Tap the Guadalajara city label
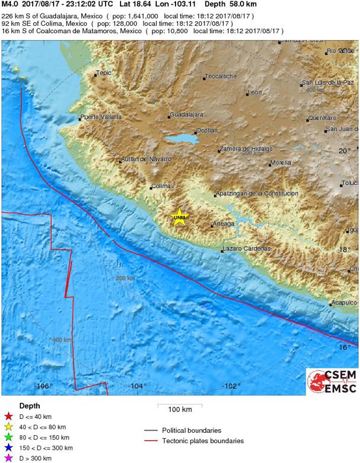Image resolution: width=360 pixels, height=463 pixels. pyautogui.click(x=186, y=115)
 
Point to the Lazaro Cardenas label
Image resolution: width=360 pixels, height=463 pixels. pyautogui.click(x=246, y=248)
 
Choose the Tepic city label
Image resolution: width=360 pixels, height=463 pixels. pyautogui.click(x=104, y=74)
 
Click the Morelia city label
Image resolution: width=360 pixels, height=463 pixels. pyautogui.click(x=281, y=163)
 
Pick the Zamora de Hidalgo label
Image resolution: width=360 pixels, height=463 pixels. pyautogui.click(x=247, y=148)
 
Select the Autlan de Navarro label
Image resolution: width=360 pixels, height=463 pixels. pyautogui.click(x=147, y=159)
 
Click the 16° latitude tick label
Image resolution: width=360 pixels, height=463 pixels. pyautogui.click(x=344, y=347)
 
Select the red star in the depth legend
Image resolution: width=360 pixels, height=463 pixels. pyautogui.click(x=8, y=416)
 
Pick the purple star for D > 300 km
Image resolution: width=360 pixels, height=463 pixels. pyautogui.click(x=8, y=458)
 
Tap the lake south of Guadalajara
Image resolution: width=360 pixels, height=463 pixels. pyautogui.click(x=182, y=139)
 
